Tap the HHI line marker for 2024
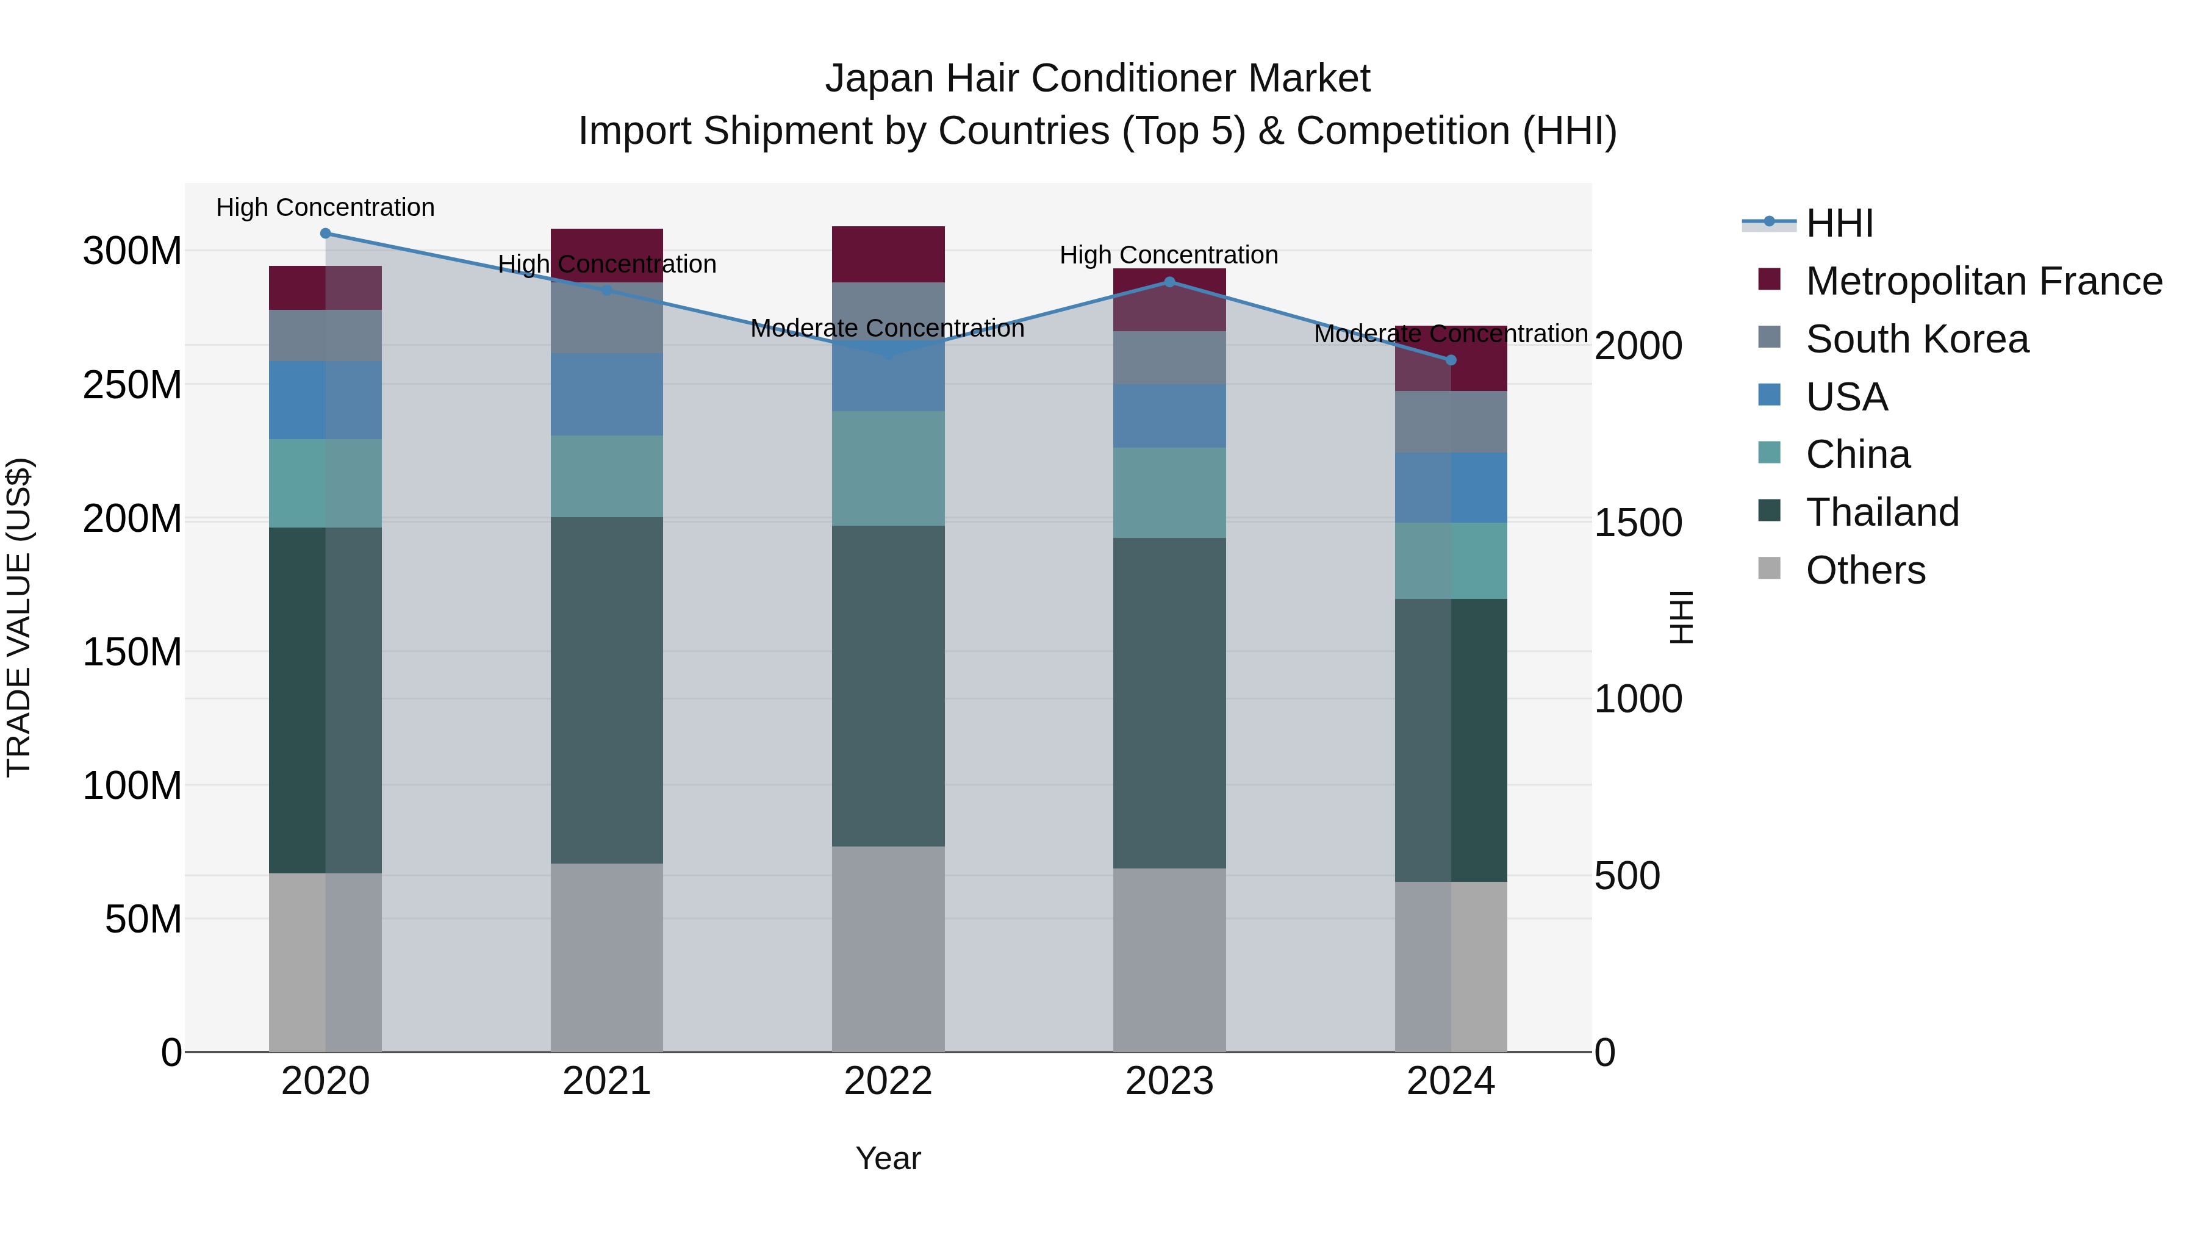1451,360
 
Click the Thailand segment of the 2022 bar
888,686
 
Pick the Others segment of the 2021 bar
606,957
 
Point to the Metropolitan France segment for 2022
888,254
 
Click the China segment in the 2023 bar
1169,493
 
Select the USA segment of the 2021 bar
606,395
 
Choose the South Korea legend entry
1917,339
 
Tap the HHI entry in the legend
1839,223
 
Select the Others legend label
1865,570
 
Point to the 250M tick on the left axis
132,385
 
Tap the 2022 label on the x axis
888,1081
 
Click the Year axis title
888,1158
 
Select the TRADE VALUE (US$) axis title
19,617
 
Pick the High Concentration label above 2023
1168,255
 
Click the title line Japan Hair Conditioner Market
1097,79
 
